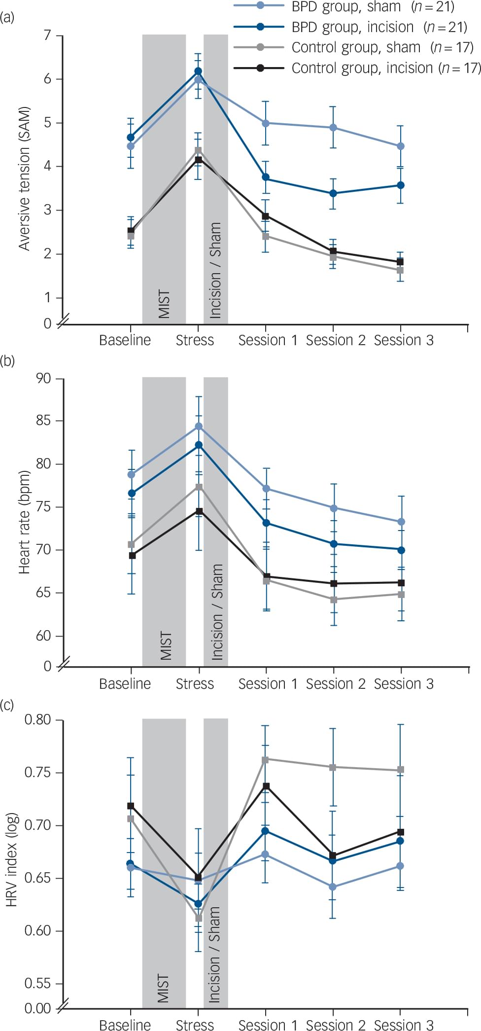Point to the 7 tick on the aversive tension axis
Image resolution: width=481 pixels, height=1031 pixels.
tap(47, 36)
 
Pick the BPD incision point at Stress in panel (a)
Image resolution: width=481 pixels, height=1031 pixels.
tap(198, 71)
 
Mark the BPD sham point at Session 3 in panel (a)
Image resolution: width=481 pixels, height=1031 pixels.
tap(401, 146)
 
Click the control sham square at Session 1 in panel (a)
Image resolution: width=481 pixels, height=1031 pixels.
tap(266, 236)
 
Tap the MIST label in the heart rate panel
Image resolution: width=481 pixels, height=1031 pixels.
tap(166, 645)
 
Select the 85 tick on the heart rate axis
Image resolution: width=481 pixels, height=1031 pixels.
tap(43, 421)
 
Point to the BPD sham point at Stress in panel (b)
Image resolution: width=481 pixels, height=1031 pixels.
tap(199, 426)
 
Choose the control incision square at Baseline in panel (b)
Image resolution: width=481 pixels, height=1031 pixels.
tap(132, 555)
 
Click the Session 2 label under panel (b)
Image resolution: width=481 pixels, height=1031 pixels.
tap(336, 684)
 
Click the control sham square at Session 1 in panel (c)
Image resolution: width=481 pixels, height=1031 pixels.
tap(265, 759)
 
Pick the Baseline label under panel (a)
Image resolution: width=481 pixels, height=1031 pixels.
tap(125, 340)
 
